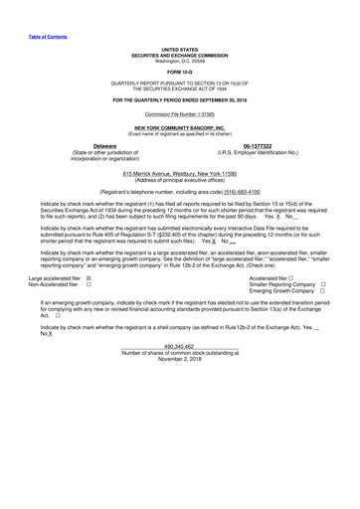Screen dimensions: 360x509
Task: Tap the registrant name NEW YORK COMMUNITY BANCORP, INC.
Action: (x=179, y=129)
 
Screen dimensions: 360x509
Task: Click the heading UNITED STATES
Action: (x=179, y=49)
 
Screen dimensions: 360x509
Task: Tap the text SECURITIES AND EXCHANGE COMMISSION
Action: (x=179, y=54)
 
